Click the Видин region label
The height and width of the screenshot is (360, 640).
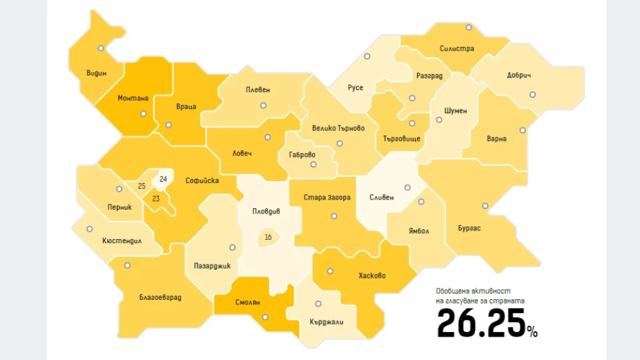point(96,73)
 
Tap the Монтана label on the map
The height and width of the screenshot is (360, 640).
point(133,98)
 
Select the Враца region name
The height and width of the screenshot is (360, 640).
point(186,107)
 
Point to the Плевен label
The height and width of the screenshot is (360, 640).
point(257,89)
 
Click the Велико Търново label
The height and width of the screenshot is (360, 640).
point(338,128)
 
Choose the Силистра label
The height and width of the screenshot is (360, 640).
point(457,49)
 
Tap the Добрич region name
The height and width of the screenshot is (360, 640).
point(518,75)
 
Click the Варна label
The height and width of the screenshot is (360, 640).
point(497,139)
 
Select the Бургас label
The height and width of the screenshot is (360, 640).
point(470,228)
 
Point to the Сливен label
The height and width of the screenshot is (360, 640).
point(381,198)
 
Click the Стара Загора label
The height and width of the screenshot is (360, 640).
point(327,198)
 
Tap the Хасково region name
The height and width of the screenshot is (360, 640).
point(371,276)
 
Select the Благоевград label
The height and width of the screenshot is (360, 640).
point(160,297)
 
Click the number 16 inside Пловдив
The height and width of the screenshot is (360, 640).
point(268,237)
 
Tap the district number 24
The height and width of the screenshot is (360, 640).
point(163,180)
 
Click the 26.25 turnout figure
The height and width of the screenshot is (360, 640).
point(480,324)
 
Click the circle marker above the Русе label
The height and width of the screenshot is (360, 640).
point(367,57)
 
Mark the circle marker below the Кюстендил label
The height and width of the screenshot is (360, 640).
point(90,229)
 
